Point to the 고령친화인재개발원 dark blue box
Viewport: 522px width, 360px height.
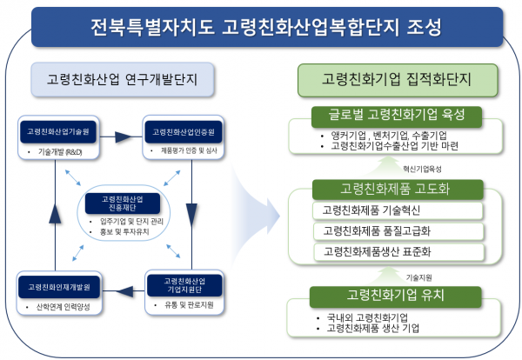click(59, 286)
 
